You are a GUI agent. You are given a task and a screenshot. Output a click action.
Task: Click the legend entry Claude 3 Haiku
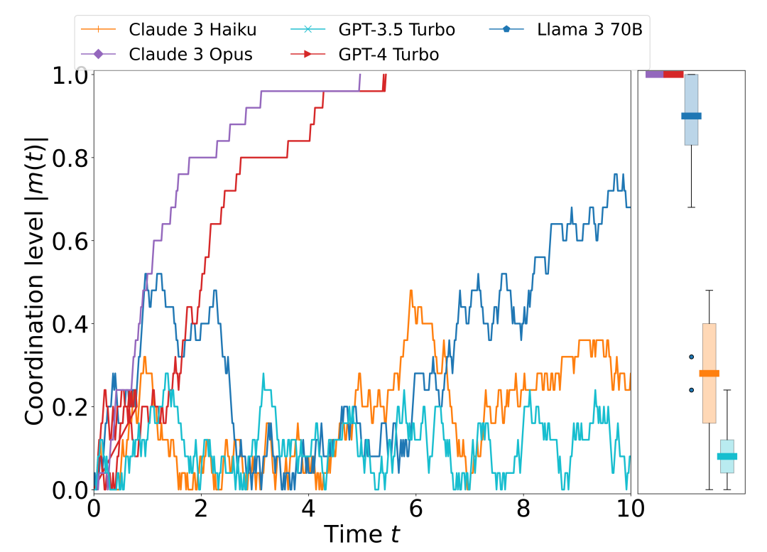pos(192,30)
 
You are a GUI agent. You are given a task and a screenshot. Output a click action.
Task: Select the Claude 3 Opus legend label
pos(190,54)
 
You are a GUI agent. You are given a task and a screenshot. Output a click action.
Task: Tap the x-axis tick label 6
pos(416,509)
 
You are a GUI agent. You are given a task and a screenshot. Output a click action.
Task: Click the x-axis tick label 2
pos(201,509)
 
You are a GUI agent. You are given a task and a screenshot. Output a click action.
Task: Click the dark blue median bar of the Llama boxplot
pos(691,116)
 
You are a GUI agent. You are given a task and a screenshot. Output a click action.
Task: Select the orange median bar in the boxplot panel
pos(709,373)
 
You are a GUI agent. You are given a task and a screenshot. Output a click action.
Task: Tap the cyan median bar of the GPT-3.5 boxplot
pos(727,456)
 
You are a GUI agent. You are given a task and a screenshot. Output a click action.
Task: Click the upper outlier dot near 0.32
pos(691,357)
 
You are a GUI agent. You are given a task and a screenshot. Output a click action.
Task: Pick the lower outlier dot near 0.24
pos(691,389)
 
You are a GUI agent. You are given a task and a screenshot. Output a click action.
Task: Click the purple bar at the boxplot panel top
pos(654,74)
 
